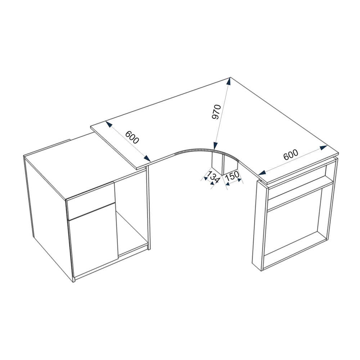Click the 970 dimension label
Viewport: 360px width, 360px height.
(x=216, y=112)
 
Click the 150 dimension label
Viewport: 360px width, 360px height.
(x=232, y=177)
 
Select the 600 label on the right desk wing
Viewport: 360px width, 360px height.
(x=291, y=155)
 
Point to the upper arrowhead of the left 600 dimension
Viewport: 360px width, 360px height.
(x=109, y=124)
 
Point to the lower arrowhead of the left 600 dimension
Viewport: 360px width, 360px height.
(x=147, y=158)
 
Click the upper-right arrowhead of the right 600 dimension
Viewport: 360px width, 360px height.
(x=324, y=147)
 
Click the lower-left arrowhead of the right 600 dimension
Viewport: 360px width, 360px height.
(x=262, y=172)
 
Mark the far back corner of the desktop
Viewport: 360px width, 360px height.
(x=230, y=77)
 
